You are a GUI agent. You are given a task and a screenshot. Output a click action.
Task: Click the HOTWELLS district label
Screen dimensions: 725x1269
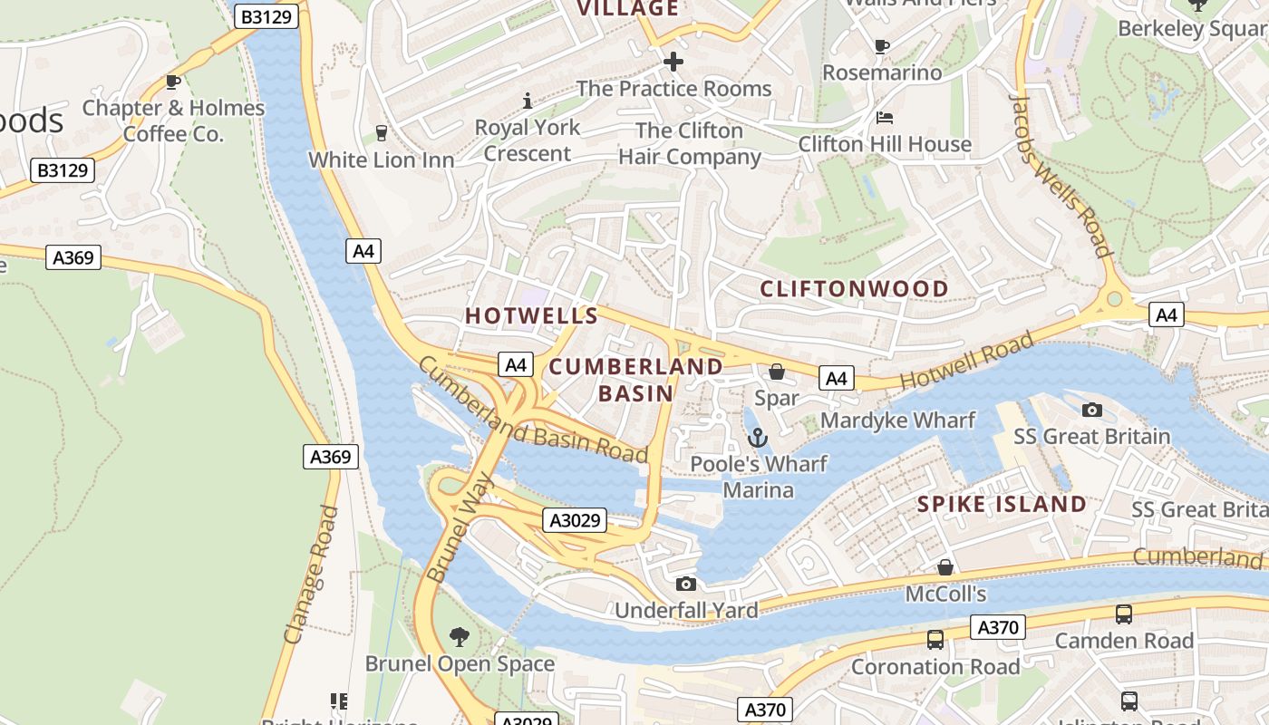click(531, 315)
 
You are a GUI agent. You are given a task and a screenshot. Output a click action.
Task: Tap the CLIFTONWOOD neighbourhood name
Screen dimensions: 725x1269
click(854, 289)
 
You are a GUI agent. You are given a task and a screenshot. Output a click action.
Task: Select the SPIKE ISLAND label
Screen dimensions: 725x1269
click(1002, 504)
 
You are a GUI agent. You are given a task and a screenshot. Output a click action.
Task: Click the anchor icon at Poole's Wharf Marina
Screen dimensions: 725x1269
click(757, 439)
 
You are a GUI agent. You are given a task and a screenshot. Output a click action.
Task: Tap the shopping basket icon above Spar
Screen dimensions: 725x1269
click(777, 372)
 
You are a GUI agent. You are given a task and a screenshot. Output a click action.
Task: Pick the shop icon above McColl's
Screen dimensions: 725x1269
click(945, 567)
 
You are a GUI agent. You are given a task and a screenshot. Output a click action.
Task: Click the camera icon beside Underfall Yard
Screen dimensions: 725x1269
click(686, 584)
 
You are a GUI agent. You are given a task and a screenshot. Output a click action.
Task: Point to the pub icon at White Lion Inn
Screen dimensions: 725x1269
click(381, 133)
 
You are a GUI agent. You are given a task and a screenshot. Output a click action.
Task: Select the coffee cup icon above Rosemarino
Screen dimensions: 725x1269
click(881, 46)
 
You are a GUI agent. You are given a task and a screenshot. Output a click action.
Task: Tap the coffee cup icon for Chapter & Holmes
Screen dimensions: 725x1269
click(173, 82)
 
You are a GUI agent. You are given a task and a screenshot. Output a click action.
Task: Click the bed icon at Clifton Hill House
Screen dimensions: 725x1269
click(885, 118)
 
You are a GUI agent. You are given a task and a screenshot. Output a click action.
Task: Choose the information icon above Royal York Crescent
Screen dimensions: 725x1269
click(528, 101)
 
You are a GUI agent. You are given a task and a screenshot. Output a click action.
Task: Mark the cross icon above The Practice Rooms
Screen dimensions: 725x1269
click(673, 62)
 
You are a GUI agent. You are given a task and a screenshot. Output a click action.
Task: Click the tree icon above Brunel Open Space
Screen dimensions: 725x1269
click(460, 637)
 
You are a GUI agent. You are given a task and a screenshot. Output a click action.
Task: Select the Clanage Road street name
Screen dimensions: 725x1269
click(311, 575)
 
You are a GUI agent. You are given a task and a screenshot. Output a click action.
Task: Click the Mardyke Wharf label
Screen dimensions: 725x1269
click(897, 420)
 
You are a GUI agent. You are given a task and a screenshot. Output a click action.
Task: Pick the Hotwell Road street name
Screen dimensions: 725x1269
click(966, 361)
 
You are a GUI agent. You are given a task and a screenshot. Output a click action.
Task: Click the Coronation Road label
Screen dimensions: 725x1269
click(935, 667)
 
